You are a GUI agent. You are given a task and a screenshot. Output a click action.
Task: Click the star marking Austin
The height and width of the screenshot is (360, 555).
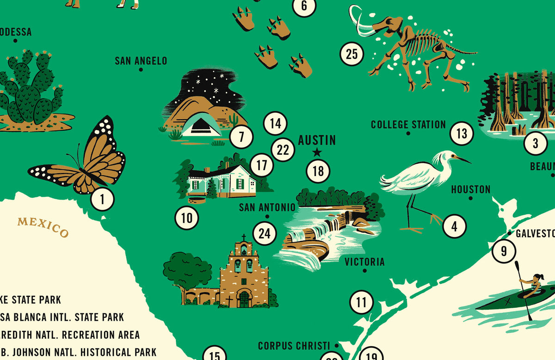317,152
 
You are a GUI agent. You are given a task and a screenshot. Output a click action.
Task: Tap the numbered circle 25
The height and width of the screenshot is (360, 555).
352,55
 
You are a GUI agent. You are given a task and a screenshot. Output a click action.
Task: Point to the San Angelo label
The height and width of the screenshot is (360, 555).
141,61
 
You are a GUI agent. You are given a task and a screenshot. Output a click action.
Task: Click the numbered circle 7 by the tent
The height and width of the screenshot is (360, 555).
241,137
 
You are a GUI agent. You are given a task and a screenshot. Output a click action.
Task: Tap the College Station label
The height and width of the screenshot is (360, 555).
408,124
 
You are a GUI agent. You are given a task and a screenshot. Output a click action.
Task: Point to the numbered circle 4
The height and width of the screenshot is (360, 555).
454,226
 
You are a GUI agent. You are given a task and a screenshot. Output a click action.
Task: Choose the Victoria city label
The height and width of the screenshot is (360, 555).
364,262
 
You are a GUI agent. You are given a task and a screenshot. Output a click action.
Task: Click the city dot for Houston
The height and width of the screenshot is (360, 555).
471,198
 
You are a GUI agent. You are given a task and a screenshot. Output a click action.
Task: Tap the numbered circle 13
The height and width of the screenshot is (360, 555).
462,134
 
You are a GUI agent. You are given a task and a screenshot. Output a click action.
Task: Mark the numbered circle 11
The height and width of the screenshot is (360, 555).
361,303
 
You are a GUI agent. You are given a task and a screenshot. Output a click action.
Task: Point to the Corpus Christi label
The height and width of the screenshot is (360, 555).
294,346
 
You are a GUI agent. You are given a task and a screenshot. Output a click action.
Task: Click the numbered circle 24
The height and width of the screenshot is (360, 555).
264,233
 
